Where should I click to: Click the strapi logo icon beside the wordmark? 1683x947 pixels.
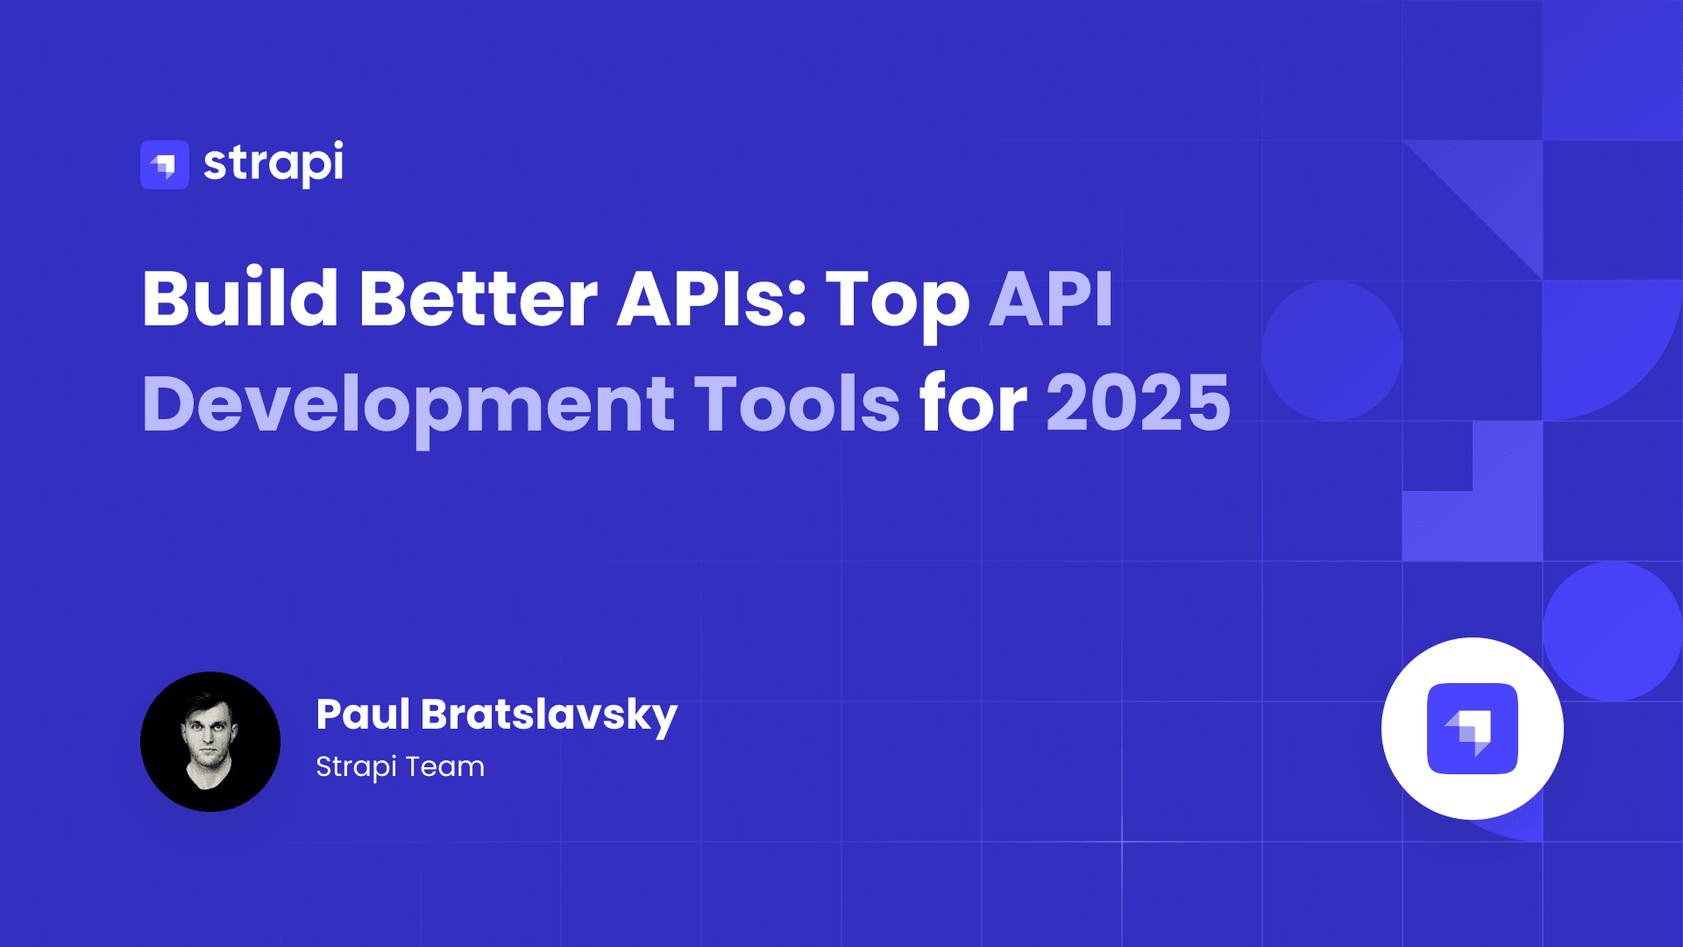point(165,165)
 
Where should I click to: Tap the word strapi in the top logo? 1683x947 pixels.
point(273,164)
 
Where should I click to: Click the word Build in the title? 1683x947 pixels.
point(240,298)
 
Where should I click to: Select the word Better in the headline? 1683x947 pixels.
point(479,298)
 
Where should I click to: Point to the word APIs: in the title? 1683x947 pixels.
point(712,298)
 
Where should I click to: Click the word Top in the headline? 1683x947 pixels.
point(898,303)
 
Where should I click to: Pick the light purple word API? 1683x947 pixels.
point(1051,298)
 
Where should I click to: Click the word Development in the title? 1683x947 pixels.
point(408,405)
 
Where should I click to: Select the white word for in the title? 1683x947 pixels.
point(973,402)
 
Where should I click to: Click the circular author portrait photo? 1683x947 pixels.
point(210,742)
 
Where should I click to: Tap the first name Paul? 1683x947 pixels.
point(363,714)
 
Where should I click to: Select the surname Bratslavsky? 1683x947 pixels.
point(550,716)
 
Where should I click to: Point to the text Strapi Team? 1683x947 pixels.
point(400,767)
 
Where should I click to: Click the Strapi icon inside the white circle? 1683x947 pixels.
point(1473,729)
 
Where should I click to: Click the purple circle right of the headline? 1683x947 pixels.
point(1332,351)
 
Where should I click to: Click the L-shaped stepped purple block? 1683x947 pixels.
point(1490,517)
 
